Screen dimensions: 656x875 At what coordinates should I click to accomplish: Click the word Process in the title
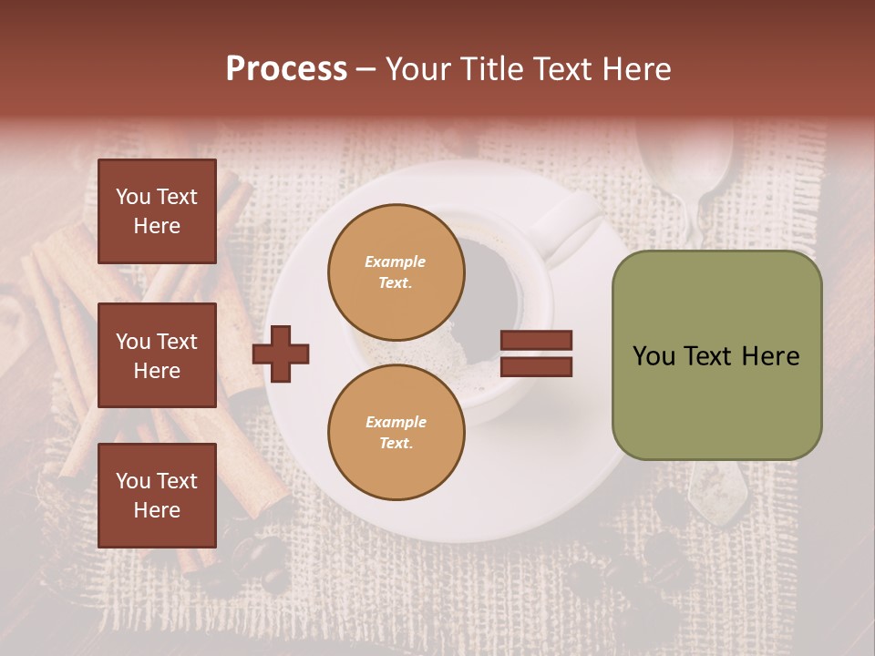pos(286,69)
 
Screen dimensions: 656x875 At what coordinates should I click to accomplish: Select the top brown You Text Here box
pos(157,211)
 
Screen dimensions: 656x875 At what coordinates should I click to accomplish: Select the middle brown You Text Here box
pos(157,355)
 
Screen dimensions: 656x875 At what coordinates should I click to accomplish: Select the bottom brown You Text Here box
pos(157,495)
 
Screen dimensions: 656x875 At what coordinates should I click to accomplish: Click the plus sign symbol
pos(281,354)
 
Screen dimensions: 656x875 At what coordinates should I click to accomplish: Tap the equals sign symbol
pos(536,354)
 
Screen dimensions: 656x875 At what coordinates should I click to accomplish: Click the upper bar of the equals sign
pos(536,340)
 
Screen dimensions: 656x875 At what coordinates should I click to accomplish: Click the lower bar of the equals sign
pos(536,367)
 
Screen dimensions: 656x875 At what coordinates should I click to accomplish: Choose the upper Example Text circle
pos(396,272)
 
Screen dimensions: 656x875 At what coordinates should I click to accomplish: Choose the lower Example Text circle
pos(396,432)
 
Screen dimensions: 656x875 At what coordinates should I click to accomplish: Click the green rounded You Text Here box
pos(716,355)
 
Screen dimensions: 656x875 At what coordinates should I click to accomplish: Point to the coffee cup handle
pos(569,228)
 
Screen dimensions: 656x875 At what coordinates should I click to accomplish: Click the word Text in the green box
pos(706,356)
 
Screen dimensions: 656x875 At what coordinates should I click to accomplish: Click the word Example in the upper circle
pos(395,261)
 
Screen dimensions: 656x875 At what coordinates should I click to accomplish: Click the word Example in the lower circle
pos(396,422)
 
